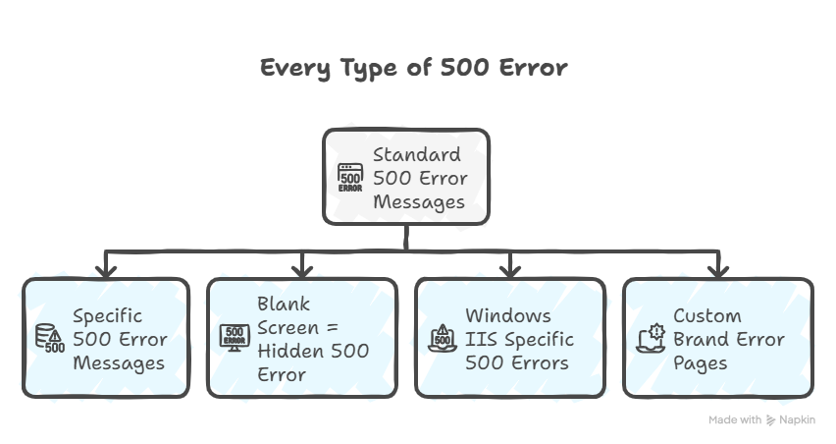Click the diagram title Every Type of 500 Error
tap(413, 68)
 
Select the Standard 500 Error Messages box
tap(406, 177)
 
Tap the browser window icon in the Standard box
tap(350, 178)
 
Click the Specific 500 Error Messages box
tap(106, 338)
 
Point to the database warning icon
tap(50, 339)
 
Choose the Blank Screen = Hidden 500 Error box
tap(302, 338)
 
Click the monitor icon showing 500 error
tap(235, 338)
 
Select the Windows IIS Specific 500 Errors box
tap(510, 338)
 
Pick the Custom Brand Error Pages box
tap(718, 338)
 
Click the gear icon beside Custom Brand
tap(651, 338)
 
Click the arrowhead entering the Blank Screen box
tap(302, 270)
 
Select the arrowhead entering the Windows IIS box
tap(510, 270)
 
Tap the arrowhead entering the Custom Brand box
tap(718, 270)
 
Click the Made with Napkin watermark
tap(762, 420)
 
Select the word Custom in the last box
tap(707, 315)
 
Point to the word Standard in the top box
tap(416, 154)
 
